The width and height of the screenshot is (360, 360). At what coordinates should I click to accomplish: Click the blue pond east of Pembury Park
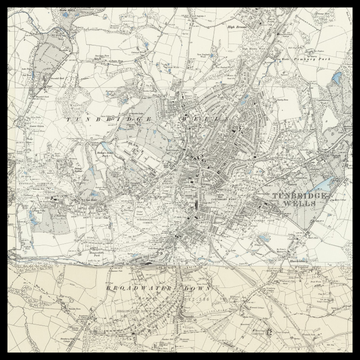pos(336,75)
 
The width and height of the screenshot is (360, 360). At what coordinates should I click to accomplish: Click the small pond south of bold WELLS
pos(262,238)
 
